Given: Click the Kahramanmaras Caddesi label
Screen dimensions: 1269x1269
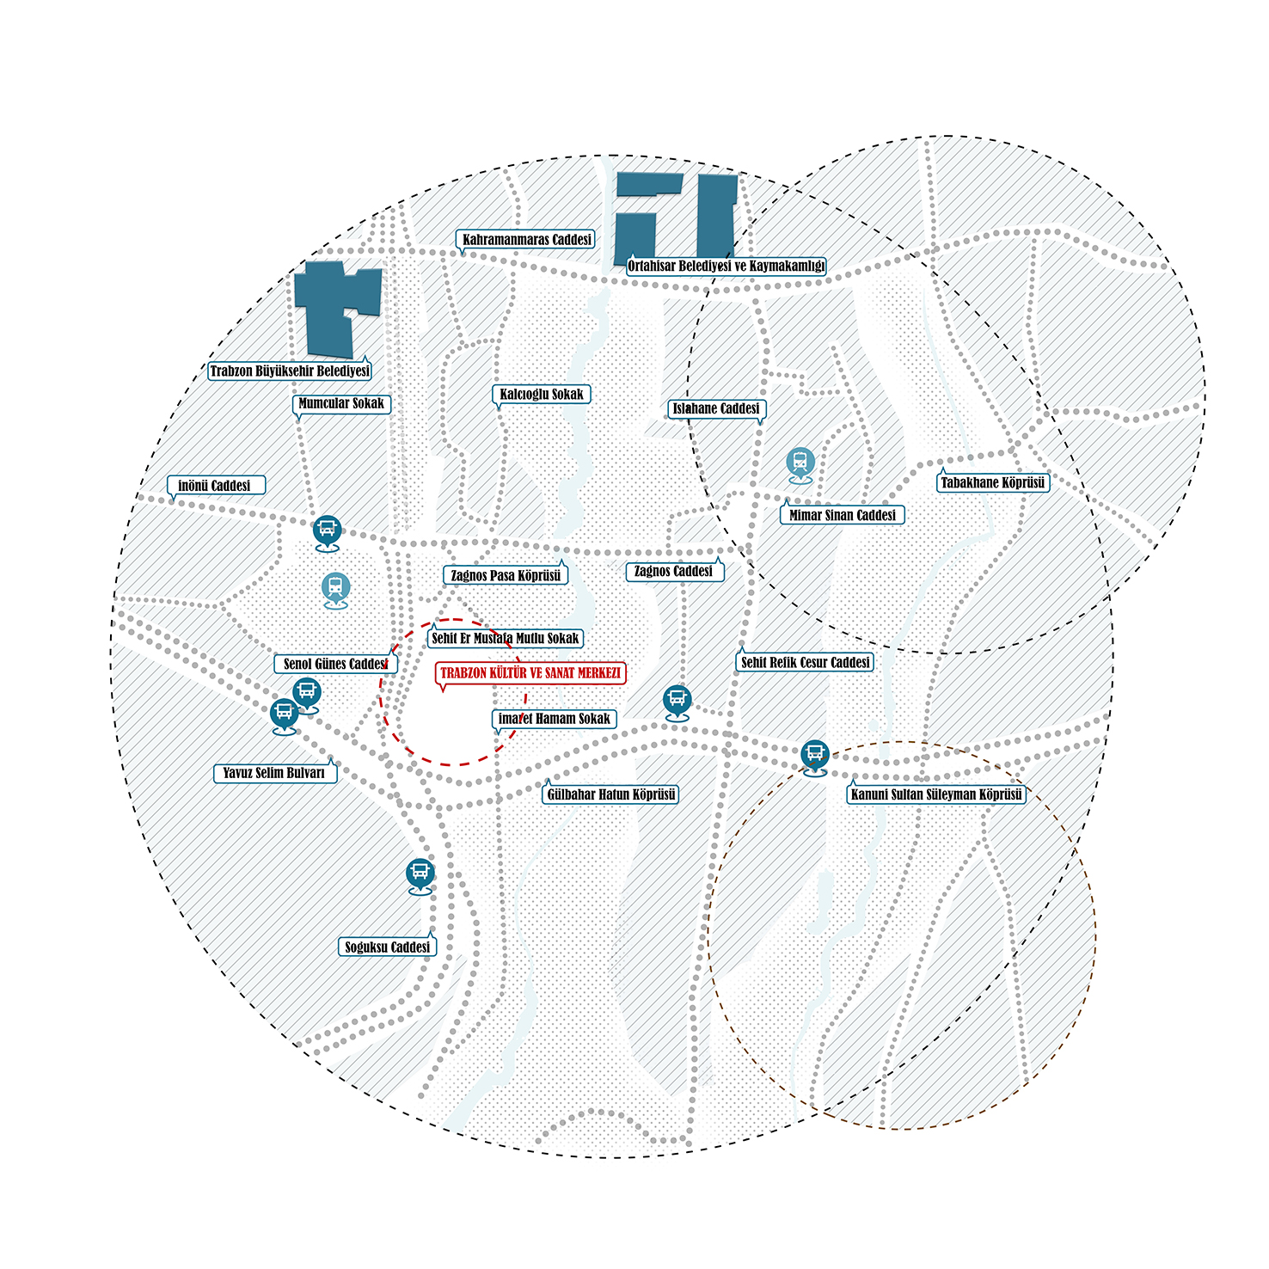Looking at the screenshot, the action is coord(526,240).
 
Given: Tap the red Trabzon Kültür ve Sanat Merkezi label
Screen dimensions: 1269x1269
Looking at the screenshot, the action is coord(530,673).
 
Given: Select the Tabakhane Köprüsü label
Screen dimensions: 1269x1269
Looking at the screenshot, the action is coord(993,482).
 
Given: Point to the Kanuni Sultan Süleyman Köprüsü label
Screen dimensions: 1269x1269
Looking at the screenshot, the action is coord(936,794).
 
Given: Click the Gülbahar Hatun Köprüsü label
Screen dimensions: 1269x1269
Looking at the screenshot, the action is coord(611,794).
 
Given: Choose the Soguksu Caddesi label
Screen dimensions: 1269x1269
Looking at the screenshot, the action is coord(387,947).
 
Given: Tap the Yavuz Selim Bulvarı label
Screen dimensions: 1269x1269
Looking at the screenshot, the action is coord(274,773).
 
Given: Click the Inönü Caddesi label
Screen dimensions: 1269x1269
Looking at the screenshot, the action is coord(215,486).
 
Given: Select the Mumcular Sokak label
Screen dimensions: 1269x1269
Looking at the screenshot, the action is coord(341,403).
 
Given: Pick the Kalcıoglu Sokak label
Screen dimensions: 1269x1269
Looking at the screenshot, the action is coord(542,395).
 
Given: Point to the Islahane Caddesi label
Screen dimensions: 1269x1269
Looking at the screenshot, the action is coord(716,408).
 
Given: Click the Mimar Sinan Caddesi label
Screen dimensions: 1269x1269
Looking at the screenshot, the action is coord(843,515).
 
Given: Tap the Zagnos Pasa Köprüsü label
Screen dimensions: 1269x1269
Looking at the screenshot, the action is coord(506,575).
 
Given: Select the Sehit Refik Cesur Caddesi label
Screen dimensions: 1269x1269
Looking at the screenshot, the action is coord(806,662).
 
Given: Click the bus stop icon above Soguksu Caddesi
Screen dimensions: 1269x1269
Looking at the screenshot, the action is coord(420,876).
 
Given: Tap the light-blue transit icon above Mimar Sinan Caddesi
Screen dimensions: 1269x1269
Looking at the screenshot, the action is coord(800,464).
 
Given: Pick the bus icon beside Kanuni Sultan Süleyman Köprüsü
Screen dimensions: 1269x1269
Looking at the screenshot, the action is coord(815,757).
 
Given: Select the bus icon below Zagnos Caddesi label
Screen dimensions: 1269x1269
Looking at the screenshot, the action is coord(677,702).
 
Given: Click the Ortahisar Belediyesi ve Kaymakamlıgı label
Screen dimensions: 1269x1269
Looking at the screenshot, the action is coord(726,266).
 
